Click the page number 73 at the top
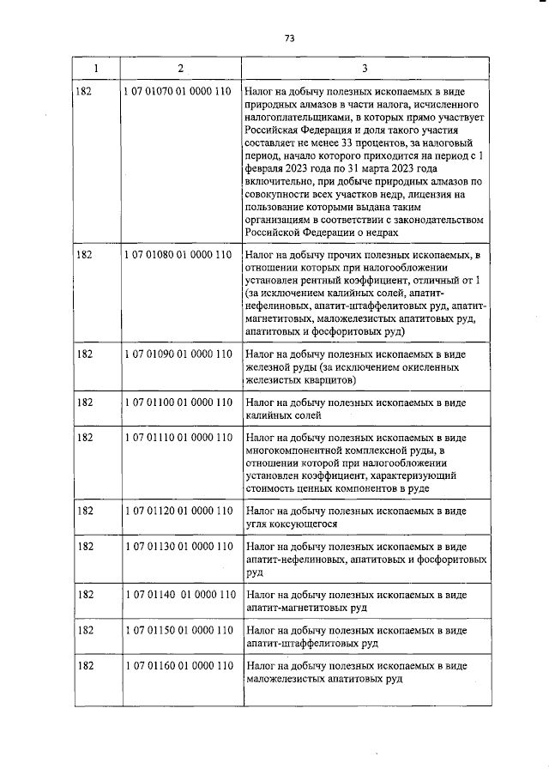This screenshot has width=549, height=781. (x=289, y=38)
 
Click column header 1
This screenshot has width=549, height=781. (x=94, y=68)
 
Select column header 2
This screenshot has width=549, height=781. (x=179, y=68)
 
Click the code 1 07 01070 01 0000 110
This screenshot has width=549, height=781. (x=178, y=89)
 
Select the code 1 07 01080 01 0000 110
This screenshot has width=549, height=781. (x=178, y=255)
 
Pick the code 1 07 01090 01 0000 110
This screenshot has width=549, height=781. (x=178, y=354)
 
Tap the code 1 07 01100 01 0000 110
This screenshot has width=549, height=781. (x=178, y=402)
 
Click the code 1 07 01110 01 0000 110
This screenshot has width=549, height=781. (x=178, y=437)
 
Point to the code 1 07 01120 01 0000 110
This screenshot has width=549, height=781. (x=178, y=511)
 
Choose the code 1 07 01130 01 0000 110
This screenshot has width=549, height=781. (x=178, y=547)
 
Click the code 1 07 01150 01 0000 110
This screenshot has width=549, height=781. (x=178, y=630)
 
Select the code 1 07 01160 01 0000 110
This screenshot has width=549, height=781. (x=178, y=666)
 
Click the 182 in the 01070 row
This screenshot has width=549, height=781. (x=84, y=89)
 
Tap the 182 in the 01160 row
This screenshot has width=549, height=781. (x=84, y=666)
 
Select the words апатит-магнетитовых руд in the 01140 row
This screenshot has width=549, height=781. (x=305, y=608)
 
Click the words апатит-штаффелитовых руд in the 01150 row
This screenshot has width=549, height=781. (x=310, y=643)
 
